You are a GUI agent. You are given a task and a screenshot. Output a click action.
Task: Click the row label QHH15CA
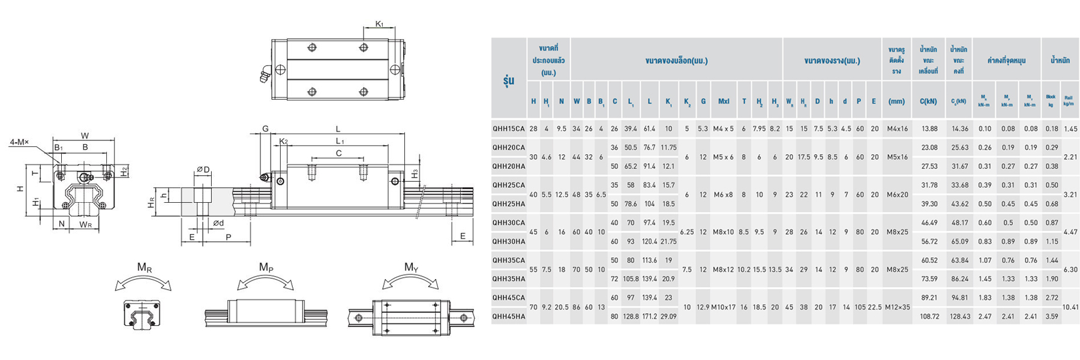508,128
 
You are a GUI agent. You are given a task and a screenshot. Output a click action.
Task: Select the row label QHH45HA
508,316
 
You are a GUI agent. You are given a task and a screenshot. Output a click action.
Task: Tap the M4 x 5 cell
723,128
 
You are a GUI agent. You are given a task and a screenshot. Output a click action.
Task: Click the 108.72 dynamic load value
929,316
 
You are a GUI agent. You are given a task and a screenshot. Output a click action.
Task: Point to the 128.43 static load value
959,316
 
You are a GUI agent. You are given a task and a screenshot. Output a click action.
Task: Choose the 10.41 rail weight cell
1070,307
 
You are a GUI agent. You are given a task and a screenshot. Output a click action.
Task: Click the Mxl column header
723,101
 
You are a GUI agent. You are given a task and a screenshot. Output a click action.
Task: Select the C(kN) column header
928,101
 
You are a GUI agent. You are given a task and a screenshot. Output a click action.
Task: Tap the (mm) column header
896,101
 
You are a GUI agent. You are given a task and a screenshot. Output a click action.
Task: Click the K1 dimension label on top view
379,24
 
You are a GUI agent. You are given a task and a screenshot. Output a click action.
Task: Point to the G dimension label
265,128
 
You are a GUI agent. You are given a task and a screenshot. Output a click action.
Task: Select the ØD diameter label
203,170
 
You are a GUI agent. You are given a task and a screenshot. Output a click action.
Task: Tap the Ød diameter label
218,223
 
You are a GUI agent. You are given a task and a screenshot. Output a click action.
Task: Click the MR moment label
145,268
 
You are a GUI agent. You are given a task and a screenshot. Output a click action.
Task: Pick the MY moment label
411,268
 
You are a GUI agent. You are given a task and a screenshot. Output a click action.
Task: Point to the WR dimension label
86,224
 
